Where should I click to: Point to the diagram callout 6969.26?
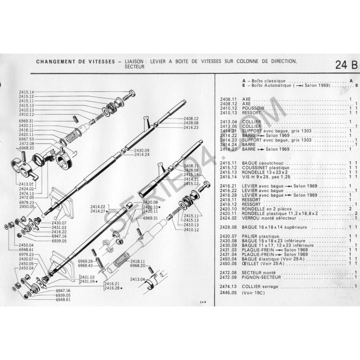(x=84, y=261)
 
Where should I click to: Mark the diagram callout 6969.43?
(x=84, y=266)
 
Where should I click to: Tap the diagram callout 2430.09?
(x=141, y=150)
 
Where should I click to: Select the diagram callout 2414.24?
(x=141, y=155)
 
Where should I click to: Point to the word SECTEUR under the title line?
(x=135, y=66)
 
